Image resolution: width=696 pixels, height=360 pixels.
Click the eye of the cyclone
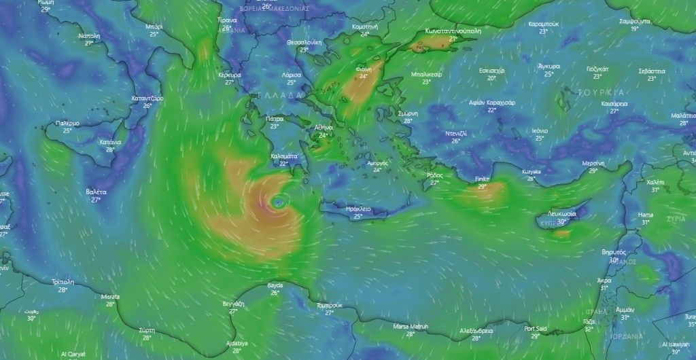pos(278,202)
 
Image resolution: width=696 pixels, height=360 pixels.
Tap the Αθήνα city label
pos(324,128)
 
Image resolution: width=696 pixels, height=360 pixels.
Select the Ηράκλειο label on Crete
pos(358,209)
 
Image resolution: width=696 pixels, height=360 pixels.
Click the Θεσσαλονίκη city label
pos(304,42)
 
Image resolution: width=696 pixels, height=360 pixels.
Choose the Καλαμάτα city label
pos(284,156)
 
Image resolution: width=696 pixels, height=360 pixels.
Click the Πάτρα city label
pos(275,118)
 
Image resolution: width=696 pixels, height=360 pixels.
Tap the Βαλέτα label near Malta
pos(96,193)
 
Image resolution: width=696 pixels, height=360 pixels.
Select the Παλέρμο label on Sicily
pos(67,124)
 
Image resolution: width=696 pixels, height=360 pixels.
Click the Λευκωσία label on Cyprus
pos(561,213)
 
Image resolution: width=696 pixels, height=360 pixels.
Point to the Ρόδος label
pos(434,175)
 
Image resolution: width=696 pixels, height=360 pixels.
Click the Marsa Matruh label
pos(410,327)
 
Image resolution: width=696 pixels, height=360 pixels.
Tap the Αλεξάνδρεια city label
pos(476,330)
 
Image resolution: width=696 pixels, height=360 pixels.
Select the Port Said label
pos(536,329)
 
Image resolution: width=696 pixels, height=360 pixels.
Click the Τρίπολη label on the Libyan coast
pos(63,282)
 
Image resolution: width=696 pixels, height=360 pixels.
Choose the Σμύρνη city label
pos(408,113)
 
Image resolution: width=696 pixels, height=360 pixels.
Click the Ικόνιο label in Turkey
pos(540,130)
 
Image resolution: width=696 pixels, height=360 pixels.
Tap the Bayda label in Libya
pos(275,286)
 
